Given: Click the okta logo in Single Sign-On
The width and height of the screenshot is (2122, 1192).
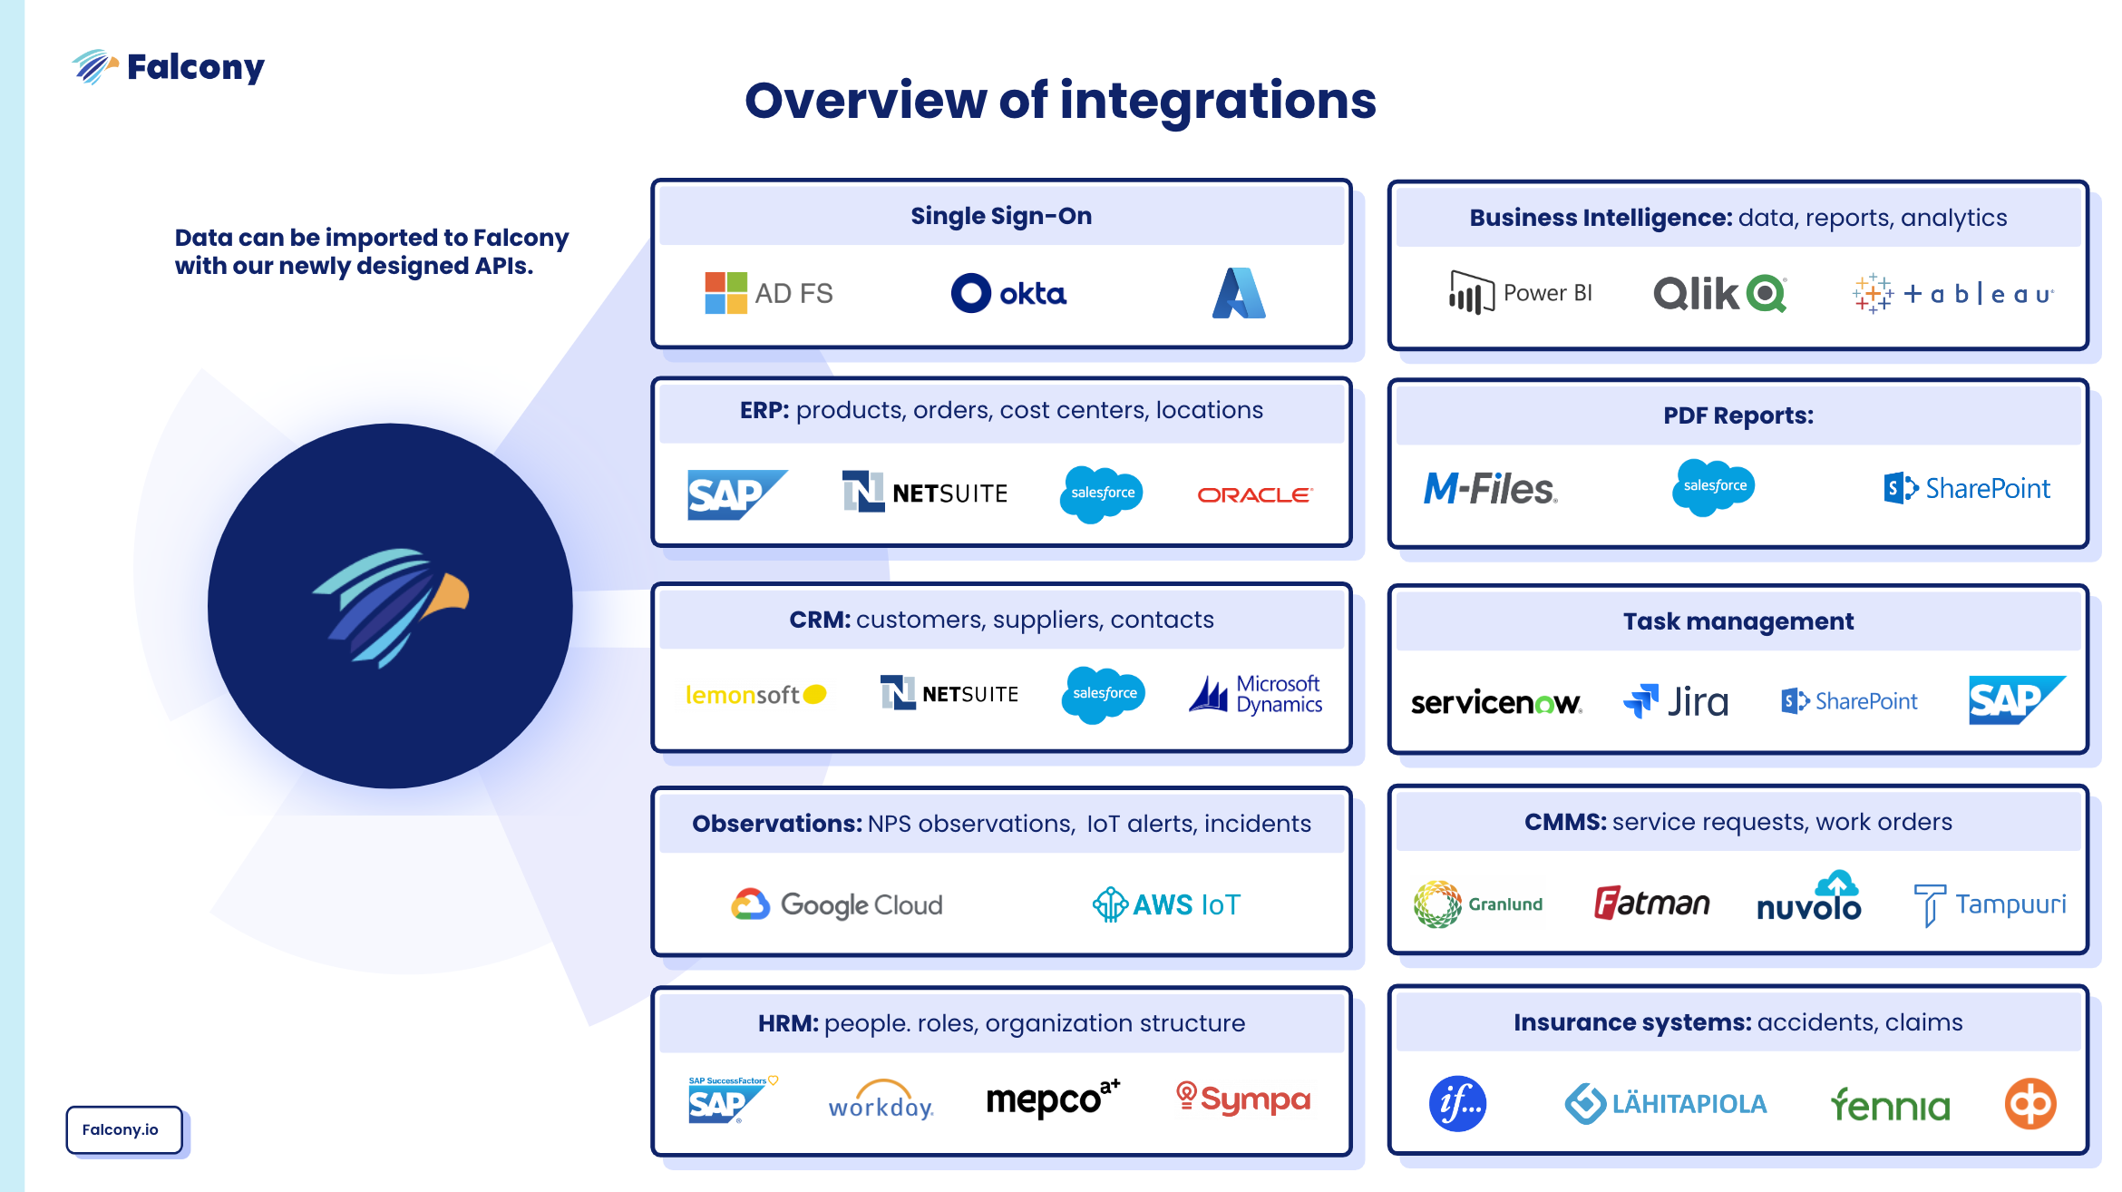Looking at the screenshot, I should point(1008,293).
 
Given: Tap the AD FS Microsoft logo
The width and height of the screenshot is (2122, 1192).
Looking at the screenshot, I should point(768,293).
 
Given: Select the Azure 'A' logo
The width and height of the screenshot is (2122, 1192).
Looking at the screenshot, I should point(1238,293).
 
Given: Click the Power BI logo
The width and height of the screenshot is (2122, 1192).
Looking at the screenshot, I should point(1520,293).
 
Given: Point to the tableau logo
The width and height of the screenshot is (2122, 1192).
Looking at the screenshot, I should point(1952,294).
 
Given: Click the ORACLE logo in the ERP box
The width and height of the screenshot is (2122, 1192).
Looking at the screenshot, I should point(1254,495).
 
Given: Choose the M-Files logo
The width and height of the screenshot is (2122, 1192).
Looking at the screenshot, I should point(1490,489).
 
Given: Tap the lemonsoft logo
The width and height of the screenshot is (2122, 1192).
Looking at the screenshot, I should point(755,695).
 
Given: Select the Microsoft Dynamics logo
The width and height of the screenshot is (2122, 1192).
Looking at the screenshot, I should point(1256,695).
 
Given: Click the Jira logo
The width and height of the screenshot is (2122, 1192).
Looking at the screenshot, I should point(1676,701).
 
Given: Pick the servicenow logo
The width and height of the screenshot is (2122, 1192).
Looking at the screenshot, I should point(1496,702).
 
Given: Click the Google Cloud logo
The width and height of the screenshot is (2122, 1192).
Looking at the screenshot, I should point(837,904).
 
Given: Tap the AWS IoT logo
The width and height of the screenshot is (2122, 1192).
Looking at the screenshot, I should point(1166,904).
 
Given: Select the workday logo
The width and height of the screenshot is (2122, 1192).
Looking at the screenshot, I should point(881,1101).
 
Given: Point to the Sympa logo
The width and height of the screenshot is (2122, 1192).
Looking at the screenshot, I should point(1243,1099).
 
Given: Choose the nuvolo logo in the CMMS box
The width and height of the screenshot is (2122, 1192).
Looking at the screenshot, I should point(1808,899).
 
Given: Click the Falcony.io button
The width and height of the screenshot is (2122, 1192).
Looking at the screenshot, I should point(123,1129).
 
